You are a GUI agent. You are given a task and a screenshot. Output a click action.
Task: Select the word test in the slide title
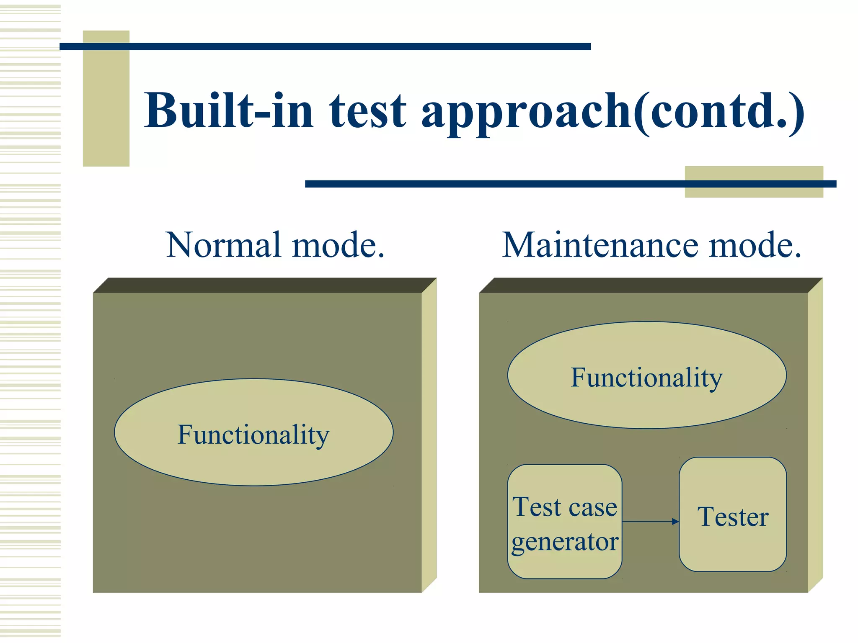367,111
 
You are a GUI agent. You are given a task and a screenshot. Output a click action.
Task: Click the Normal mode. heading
275,245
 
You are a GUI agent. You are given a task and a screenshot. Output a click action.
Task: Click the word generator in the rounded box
564,542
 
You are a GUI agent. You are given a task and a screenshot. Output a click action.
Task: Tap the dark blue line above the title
325,46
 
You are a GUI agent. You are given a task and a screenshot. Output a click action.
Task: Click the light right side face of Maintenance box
815,435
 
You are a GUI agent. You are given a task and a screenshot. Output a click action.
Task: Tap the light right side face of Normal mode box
429,435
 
